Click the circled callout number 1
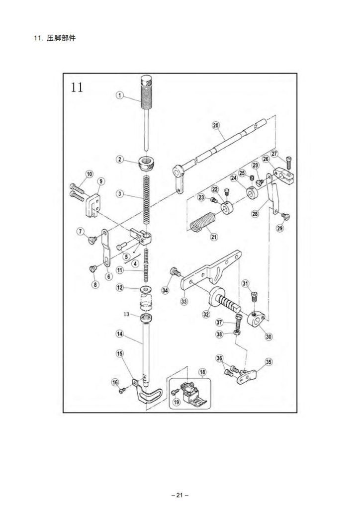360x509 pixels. click(120, 95)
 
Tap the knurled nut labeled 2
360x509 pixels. click(145, 164)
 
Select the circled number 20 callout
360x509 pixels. click(216, 125)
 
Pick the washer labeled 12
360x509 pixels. click(145, 289)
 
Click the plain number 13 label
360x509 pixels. click(127, 314)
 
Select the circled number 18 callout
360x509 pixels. click(202, 372)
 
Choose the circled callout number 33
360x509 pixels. click(184, 301)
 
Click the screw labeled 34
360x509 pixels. click(175, 271)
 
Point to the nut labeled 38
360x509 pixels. click(237, 333)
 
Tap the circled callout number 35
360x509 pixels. click(269, 362)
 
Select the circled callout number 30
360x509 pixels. click(269, 337)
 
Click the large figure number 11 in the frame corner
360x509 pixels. click(77, 87)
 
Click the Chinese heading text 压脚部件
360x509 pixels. click(61, 38)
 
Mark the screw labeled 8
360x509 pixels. click(92, 269)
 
